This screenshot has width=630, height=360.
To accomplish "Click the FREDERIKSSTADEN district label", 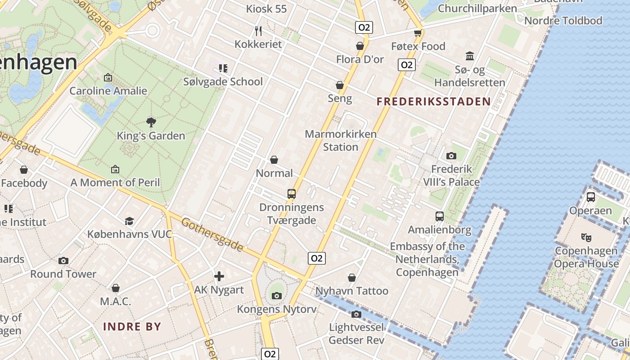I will (433, 102).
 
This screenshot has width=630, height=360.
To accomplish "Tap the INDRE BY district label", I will (132, 327).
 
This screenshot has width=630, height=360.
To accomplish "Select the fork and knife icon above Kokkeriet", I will (258, 31).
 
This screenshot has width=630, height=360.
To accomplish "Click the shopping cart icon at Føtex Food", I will (418, 33).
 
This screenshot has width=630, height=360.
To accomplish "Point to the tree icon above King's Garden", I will (151, 122).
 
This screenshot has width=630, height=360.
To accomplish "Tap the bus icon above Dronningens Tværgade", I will (292, 194).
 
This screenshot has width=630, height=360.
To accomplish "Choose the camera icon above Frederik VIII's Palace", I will (451, 156).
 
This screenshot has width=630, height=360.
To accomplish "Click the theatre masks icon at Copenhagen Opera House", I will (586, 237).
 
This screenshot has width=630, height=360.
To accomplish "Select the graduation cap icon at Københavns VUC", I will (130, 221).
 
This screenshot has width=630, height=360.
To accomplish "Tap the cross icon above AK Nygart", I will (219, 276).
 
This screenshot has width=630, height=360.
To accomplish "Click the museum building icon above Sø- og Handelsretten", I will (470, 56).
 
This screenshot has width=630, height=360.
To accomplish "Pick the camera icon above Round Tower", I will (63, 261).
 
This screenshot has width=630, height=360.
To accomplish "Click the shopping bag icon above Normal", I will (274, 160).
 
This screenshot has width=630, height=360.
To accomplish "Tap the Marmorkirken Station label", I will (341, 140).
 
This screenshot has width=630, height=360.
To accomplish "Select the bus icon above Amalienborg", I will (440, 216).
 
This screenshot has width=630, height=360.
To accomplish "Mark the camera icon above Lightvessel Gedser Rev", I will (356, 314).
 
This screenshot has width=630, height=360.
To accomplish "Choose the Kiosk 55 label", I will (266, 9).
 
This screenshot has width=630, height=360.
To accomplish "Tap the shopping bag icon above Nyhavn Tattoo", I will (352, 278).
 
